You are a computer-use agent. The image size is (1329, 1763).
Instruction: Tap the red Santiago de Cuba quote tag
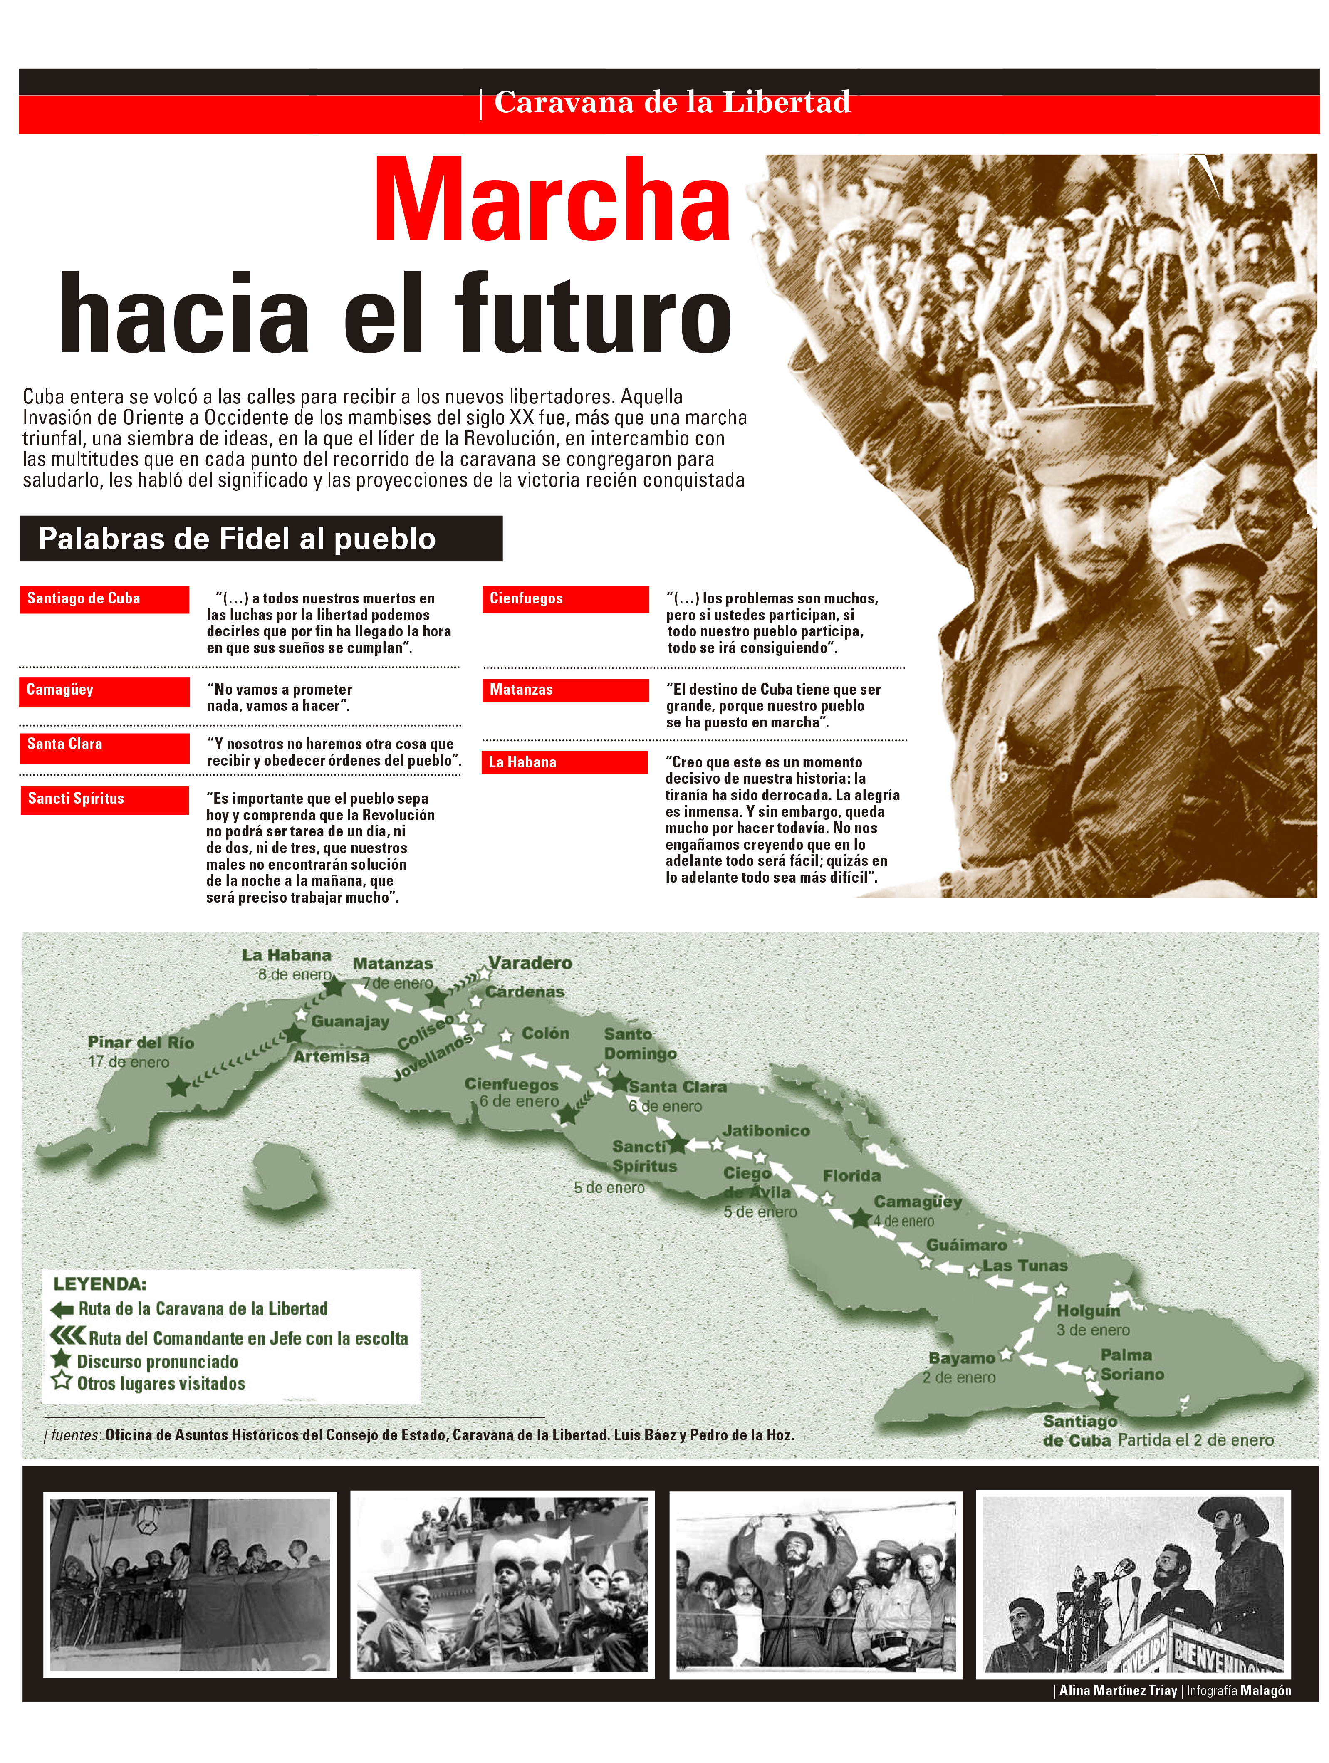[104, 598]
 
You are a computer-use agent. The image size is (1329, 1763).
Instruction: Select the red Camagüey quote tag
[104, 690]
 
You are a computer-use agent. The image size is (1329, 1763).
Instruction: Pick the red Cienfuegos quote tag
[564, 598]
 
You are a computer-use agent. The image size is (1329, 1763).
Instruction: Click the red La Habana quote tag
[564, 762]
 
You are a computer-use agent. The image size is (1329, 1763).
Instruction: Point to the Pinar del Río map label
[140, 1043]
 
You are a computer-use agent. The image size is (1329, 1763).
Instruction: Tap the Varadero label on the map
[530, 963]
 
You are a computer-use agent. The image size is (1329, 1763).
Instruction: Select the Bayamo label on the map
[961, 1357]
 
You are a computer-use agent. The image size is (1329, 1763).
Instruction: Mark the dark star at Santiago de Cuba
[1106, 1400]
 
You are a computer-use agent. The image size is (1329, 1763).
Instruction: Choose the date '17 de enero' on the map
[129, 1063]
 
